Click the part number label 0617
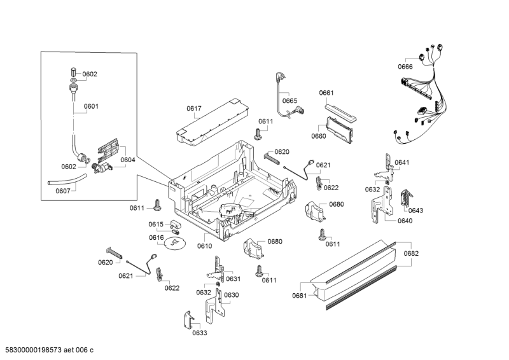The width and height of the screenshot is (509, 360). [195, 109]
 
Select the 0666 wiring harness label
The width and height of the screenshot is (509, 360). [405, 67]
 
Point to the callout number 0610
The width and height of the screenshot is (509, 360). [204, 246]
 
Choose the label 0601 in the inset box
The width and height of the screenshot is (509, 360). [91, 106]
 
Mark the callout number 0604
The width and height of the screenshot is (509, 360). [128, 160]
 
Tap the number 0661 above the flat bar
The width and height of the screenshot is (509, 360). [326, 93]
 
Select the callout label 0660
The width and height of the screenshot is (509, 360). [319, 135]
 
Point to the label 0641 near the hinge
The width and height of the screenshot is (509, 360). [401, 163]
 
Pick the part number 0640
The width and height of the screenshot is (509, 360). [405, 221]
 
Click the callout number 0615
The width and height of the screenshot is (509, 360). [157, 224]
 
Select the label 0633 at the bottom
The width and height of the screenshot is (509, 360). [200, 333]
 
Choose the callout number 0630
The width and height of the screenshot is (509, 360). [231, 295]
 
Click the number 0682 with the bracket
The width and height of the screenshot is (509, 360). [411, 254]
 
